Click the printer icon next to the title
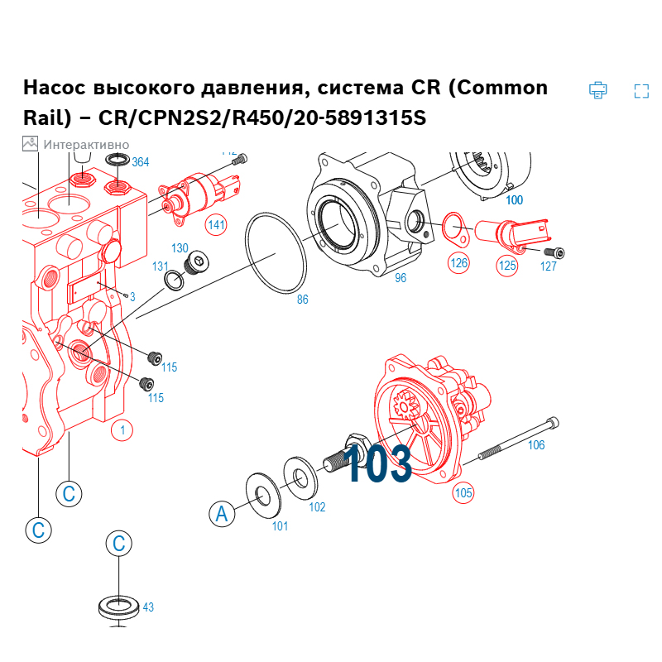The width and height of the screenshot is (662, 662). tap(597, 90)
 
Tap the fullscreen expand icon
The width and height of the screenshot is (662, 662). tap(641, 91)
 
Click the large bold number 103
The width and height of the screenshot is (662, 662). tap(377, 464)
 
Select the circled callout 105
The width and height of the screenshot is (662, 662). tap(463, 493)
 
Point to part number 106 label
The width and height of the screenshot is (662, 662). tap(536, 445)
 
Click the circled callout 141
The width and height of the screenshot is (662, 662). tap(216, 224)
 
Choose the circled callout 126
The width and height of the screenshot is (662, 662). tap(458, 263)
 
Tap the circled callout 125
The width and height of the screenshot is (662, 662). tap(506, 266)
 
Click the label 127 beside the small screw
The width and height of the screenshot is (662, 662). tap(549, 266)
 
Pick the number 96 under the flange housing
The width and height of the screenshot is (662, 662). tap(401, 278)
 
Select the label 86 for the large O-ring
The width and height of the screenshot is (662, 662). tap(302, 300)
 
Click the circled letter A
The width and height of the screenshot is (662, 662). tap(221, 514)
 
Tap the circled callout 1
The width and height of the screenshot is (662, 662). tap(122, 430)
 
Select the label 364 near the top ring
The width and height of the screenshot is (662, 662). tap(141, 162)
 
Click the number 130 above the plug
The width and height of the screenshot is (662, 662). tap(180, 248)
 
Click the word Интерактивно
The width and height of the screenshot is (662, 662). tap(86, 144)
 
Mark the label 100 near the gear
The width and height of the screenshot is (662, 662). tap(514, 200)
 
